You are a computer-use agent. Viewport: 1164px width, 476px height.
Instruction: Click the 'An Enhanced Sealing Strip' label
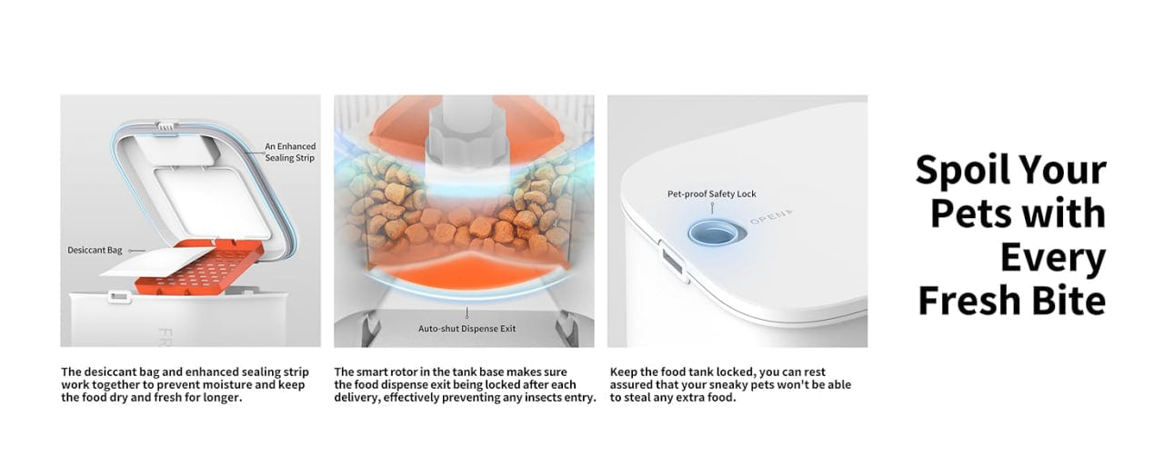290,152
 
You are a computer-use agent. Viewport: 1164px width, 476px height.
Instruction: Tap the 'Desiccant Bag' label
95,250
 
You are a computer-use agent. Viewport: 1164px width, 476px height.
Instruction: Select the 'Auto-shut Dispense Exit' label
467,329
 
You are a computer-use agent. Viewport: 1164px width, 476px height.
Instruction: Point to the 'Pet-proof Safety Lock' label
711,193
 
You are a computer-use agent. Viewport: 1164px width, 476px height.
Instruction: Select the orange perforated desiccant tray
200,267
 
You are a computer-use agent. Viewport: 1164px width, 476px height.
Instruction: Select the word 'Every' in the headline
1053,259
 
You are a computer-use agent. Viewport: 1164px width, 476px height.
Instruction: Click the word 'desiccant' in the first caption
109,372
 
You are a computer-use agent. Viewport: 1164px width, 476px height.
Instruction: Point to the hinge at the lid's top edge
166,126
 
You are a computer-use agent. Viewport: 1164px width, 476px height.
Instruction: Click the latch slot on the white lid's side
673,263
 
